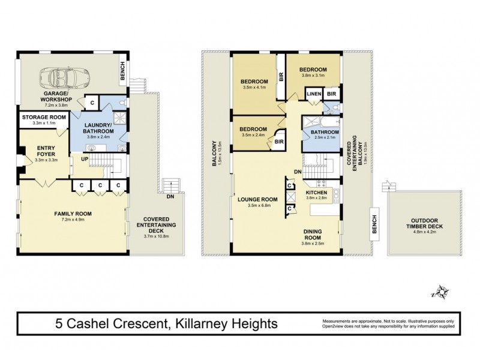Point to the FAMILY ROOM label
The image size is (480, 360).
tap(72, 213)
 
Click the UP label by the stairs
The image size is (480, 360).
tap(84, 158)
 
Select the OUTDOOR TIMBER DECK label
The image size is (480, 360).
tap(420, 224)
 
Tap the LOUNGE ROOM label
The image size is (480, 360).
tap(257, 199)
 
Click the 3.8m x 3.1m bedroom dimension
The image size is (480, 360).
tap(313, 76)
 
